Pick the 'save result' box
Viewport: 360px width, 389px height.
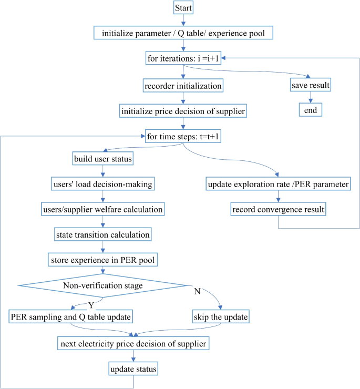point(311,84)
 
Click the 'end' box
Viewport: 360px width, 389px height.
point(311,109)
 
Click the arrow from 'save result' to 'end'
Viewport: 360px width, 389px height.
point(311,97)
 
